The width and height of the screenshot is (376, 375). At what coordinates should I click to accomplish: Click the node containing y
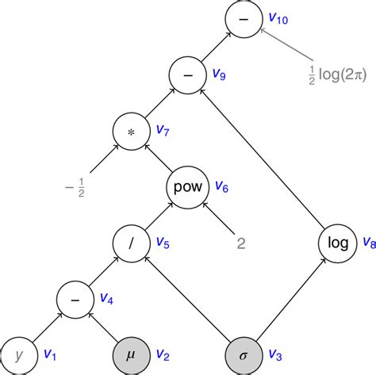21,354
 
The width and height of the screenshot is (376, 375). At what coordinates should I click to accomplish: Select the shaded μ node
130,354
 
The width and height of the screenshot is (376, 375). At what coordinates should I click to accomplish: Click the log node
338,243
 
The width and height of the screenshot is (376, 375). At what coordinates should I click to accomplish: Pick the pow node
185,188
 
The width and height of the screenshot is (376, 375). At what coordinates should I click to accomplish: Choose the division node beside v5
130,243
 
